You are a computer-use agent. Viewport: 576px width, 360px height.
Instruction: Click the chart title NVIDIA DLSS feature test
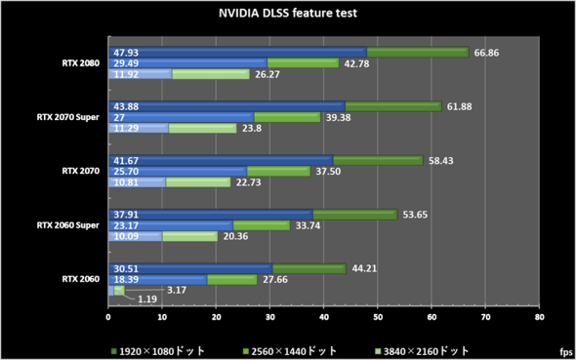pos(287,15)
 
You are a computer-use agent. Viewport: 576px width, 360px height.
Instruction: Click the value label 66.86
pos(487,52)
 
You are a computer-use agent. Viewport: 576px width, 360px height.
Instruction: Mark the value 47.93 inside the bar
pos(126,52)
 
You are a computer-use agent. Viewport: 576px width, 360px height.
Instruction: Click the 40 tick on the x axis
pos(323,317)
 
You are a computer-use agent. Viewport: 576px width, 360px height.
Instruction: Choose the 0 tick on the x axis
pos(108,317)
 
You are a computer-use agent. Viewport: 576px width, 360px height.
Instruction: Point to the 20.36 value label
pos(236,235)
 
